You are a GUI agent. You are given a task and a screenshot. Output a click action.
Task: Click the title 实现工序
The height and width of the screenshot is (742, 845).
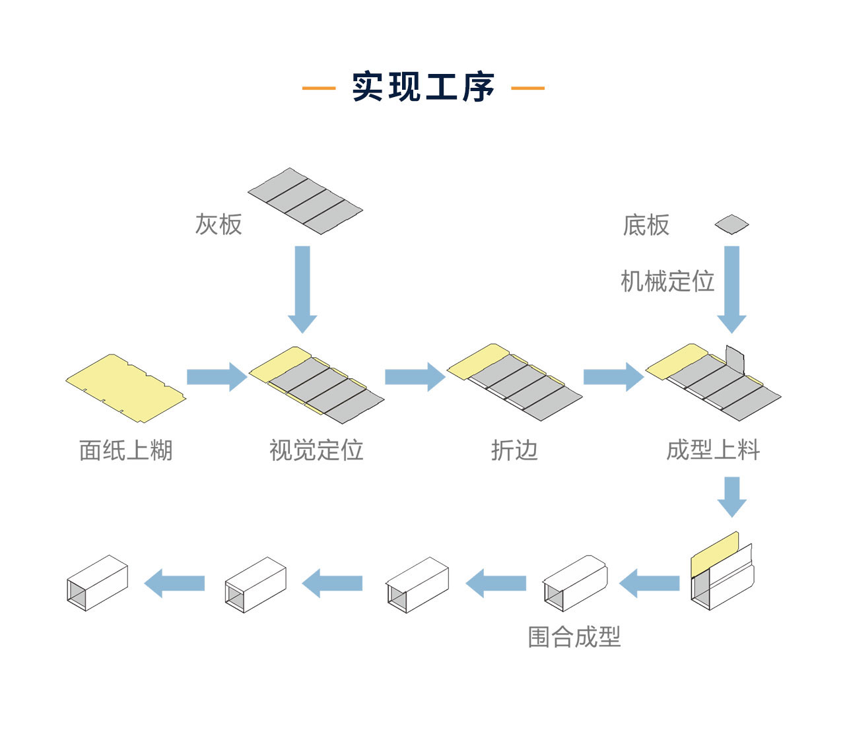(x=422, y=87)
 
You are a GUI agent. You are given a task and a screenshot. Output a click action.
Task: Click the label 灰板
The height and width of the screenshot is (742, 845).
(x=219, y=224)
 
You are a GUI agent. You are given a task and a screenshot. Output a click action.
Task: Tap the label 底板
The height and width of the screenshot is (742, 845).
(x=646, y=225)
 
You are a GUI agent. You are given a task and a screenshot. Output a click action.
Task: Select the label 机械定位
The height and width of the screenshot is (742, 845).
(x=667, y=281)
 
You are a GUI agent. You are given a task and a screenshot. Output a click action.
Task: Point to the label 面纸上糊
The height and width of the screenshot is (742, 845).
(x=125, y=450)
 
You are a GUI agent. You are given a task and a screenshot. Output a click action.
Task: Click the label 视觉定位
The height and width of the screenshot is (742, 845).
(x=316, y=450)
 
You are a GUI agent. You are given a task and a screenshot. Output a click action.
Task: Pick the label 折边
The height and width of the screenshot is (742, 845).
(x=514, y=450)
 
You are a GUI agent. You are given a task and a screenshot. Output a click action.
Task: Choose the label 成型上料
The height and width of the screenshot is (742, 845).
(x=713, y=450)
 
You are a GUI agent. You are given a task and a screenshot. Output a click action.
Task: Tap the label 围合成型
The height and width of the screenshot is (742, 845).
(x=574, y=637)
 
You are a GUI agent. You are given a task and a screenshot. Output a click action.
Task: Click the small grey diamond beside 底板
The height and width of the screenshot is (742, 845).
(x=731, y=224)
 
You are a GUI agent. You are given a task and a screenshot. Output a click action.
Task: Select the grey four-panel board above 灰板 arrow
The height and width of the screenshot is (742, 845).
(x=305, y=200)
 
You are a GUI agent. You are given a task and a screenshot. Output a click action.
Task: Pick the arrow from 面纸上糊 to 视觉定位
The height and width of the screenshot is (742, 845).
(x=217, y=377)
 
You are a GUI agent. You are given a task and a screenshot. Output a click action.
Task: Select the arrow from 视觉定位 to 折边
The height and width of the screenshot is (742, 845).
(x=415, y=377)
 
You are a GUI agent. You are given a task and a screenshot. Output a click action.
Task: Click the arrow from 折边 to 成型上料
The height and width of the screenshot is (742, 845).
(x=613, y=377)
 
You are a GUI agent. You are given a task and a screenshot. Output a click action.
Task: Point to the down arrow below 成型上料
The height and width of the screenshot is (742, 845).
(x=731, y=496)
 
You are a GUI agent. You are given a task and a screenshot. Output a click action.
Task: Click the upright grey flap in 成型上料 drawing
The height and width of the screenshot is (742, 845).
(x=735, y=360)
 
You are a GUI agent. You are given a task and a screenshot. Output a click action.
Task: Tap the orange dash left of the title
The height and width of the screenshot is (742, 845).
(x=319, y=88)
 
